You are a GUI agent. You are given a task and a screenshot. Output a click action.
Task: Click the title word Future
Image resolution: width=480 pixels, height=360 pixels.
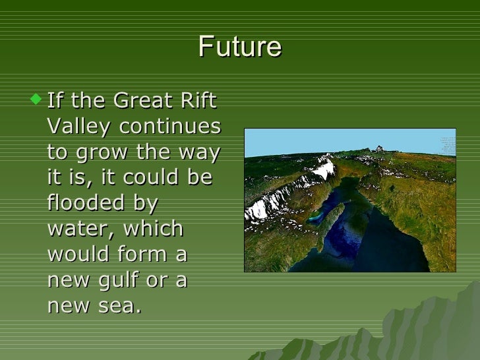coord(239,47)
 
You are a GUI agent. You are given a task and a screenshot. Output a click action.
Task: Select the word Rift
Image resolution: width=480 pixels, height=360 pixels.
coord(199,102)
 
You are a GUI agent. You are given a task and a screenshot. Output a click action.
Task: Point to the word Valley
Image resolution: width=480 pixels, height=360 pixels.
coord(78,127)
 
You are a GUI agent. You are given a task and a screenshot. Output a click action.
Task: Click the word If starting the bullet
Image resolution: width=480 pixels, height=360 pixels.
coord(56,102)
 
